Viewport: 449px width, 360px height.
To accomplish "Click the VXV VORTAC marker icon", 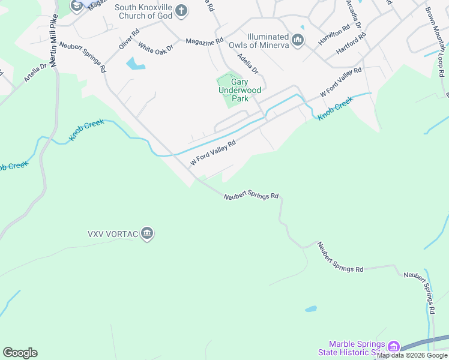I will click(x=147, y=233).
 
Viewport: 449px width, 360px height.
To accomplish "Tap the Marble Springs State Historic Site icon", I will click(x=394, y=346).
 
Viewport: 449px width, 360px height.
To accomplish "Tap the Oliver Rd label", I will click(x=129, y=40).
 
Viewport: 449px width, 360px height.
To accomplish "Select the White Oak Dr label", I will click(x=155, y=46).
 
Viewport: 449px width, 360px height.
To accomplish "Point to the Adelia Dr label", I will click(x=248, y=63).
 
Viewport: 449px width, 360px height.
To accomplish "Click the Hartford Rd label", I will click(x=351, y=44).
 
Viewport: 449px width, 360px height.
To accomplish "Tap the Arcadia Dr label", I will click(x=354, y=14).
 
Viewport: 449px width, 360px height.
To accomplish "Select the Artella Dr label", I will click(x=35, y=73).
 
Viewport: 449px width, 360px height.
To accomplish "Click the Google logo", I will click(x=20, y=353).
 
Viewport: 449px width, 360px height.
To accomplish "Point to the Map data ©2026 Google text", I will click(x=412, y=355).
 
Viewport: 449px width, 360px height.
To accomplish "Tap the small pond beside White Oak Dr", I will click(x=135, y=64).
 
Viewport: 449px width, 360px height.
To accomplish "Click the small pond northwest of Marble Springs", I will click(x=310, y=309).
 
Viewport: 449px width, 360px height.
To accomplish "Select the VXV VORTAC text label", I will click(x=113, y=233).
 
